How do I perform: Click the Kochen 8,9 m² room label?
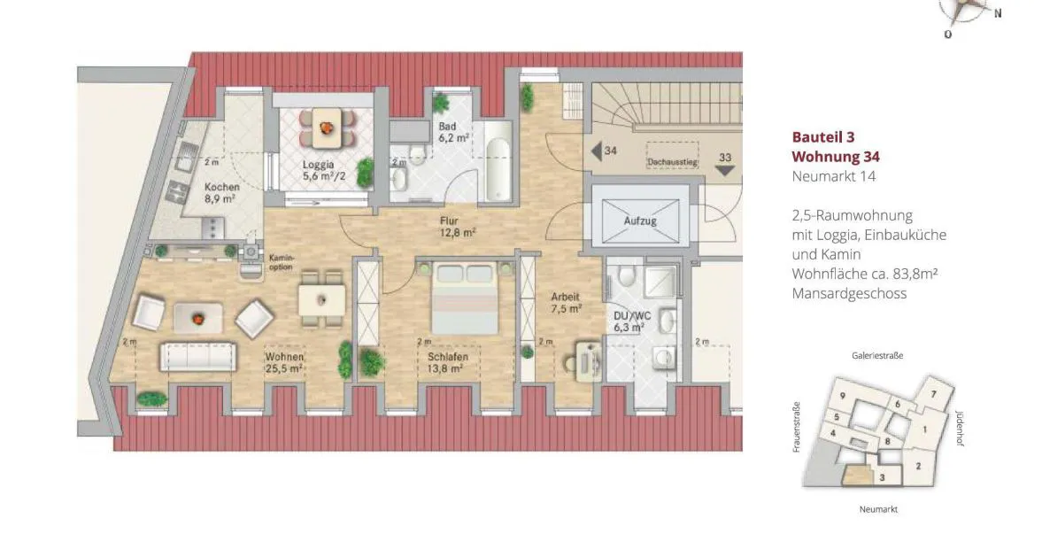tap(221, 193)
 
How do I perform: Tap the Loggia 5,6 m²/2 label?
tap(324, 170)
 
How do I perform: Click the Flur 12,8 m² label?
tap(457, 227)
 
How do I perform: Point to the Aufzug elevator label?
tap(640, 221)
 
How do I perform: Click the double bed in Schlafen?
tap(465, 297)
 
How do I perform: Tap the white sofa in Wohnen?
tap(197, 357)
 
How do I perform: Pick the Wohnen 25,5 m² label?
tap(284, 362)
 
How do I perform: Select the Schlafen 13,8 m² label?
tap(447, 362)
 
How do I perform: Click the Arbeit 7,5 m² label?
tap(567, 303)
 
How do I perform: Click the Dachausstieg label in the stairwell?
tap(673, 161)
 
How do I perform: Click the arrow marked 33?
tap(724, 170)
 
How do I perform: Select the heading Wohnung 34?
tap(836, 157)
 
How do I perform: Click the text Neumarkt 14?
tap(833, 176)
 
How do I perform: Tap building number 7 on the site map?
tap(933, 394)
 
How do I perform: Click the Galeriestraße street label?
tap(877, 356)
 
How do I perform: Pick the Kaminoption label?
tap(282, 262)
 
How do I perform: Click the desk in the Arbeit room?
tap(589, 361)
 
